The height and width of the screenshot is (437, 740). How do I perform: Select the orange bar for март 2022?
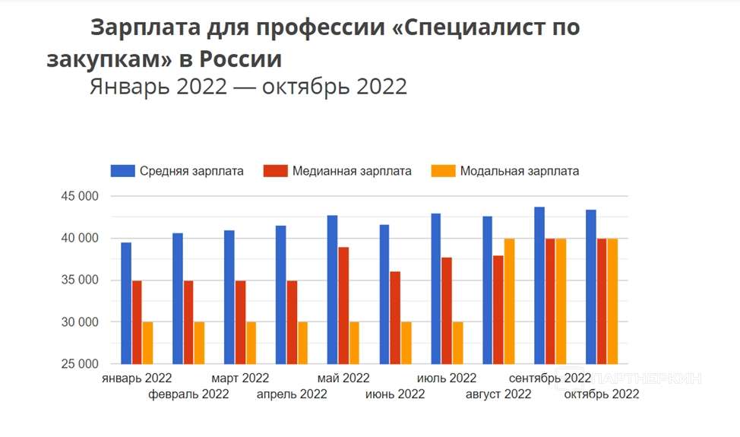pyautogui.click(x=251, y=342)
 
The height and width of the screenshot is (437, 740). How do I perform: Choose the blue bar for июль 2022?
pyautogui.click(x=436, y=288)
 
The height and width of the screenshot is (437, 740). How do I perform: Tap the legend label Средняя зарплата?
pyautogui.click(x=191, y=171)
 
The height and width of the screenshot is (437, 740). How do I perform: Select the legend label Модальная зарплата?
pyautogui.click(x=520, y=171)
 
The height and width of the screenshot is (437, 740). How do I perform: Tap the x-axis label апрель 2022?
pyautogui.click(x=292, y=394)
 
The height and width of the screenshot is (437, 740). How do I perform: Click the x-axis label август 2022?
pyautogui.click(x=499, y=394)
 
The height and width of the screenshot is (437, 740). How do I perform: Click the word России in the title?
pyautogui.click(x=242, y=59)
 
